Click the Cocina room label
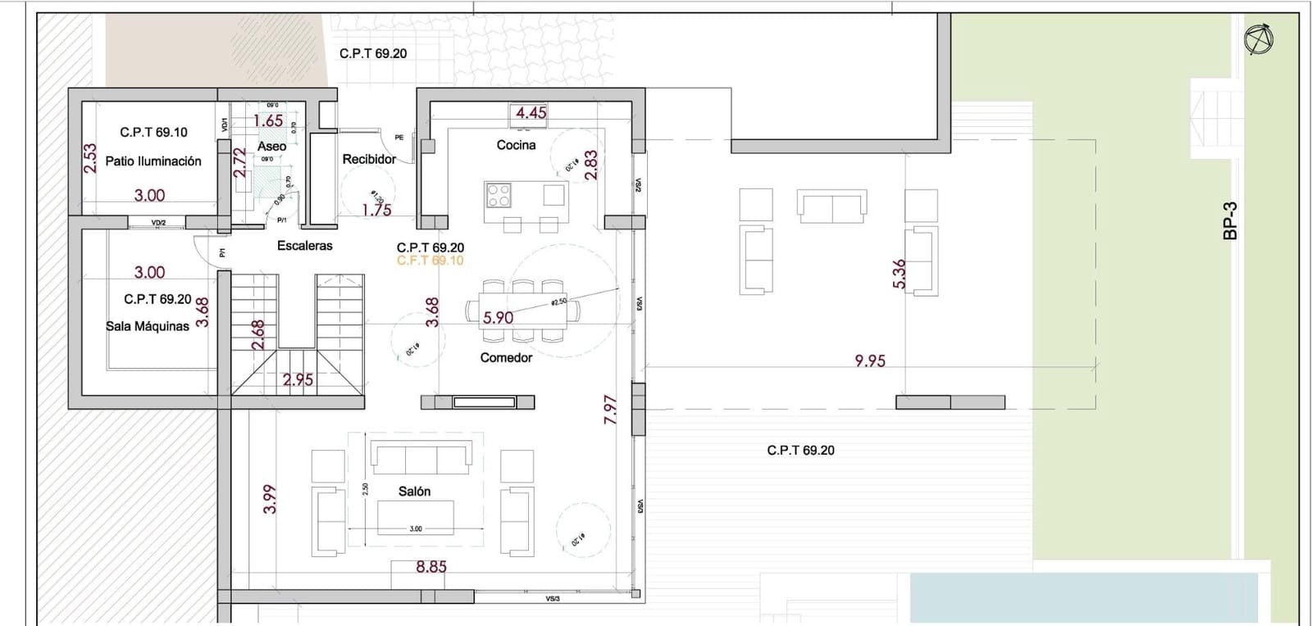point(516,145)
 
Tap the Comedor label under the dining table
point(506,357)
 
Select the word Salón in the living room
point(414,492)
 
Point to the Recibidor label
point(369,159)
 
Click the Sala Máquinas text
point(148,326)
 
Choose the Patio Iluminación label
point(153,161)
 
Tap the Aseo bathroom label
point(272,147)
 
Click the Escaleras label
point(305,245)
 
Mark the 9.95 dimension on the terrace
point(870,361)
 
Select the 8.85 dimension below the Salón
point(431,566)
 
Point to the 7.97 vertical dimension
point(610,409)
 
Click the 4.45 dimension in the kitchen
point(531,113)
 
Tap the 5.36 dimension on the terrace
point(899,274)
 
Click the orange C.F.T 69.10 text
point(430,261)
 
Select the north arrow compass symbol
point(1258,39)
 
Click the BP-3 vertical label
point(1229,221)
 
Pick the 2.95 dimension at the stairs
point(298,379)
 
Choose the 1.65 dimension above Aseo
point(268,121)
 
